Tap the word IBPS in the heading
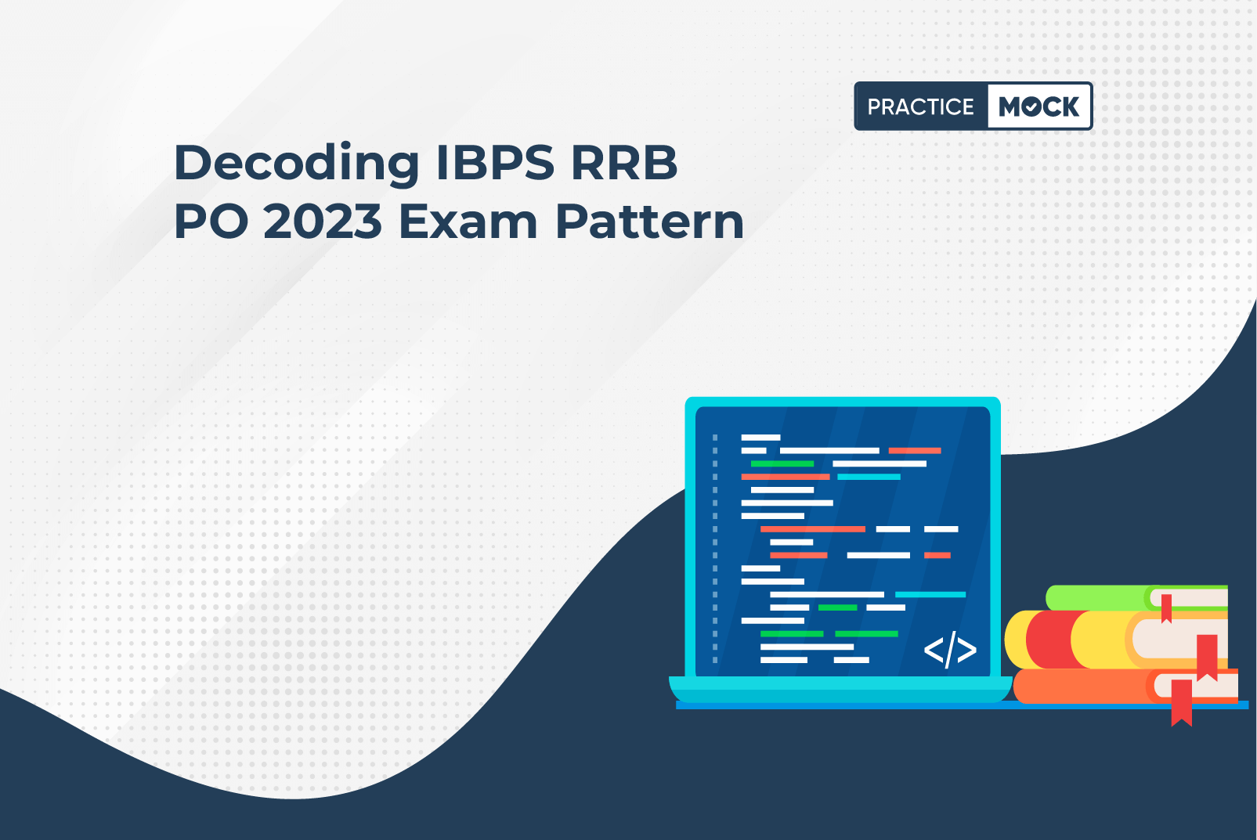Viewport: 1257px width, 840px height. [x=496, y=163]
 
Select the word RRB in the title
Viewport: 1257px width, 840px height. [x=624, y=163]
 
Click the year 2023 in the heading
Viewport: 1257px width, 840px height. [x=323, y=222]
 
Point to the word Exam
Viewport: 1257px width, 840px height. [x=468, y=222]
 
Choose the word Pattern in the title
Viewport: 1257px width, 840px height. [x=650, y=222]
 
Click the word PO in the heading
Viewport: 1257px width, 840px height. [x=211, y=222]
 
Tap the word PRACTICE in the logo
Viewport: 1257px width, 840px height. [x=920, y=106]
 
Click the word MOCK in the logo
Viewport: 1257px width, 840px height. [x=1038, y=106]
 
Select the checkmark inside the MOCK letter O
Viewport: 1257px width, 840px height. [x=1031, y=106]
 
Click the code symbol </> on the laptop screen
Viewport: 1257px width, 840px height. [x=950, y=650]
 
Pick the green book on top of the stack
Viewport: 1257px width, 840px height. [x=1136, y=598]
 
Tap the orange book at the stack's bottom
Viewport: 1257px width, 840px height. [x=1125, y=686]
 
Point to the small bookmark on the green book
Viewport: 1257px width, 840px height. [x=1166, y=608]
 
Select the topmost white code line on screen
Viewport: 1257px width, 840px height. [x=760, y=438]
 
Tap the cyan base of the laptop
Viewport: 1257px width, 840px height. [x=840, y=689]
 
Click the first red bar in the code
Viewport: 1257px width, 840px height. [x=915, y=450]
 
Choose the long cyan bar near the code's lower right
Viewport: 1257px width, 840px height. [x=930, y=594]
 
